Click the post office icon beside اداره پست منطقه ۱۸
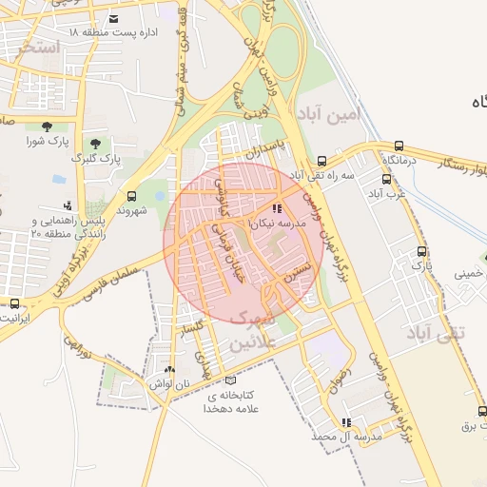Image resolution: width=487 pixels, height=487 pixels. (114, 19)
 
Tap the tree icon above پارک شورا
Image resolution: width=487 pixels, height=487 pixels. (47, 127)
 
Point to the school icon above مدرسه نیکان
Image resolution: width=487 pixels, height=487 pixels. (277, 207)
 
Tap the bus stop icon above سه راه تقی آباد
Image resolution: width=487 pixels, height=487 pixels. (322, 161)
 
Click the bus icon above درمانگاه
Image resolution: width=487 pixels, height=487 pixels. (399, 146)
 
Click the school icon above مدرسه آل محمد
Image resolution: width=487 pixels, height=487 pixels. (346, 421)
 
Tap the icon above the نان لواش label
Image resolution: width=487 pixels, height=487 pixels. (169, 369)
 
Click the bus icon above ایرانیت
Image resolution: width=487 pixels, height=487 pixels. (14, 303)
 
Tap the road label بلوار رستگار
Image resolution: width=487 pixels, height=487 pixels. (438, 166)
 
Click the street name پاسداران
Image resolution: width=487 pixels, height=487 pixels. (265, 150)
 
